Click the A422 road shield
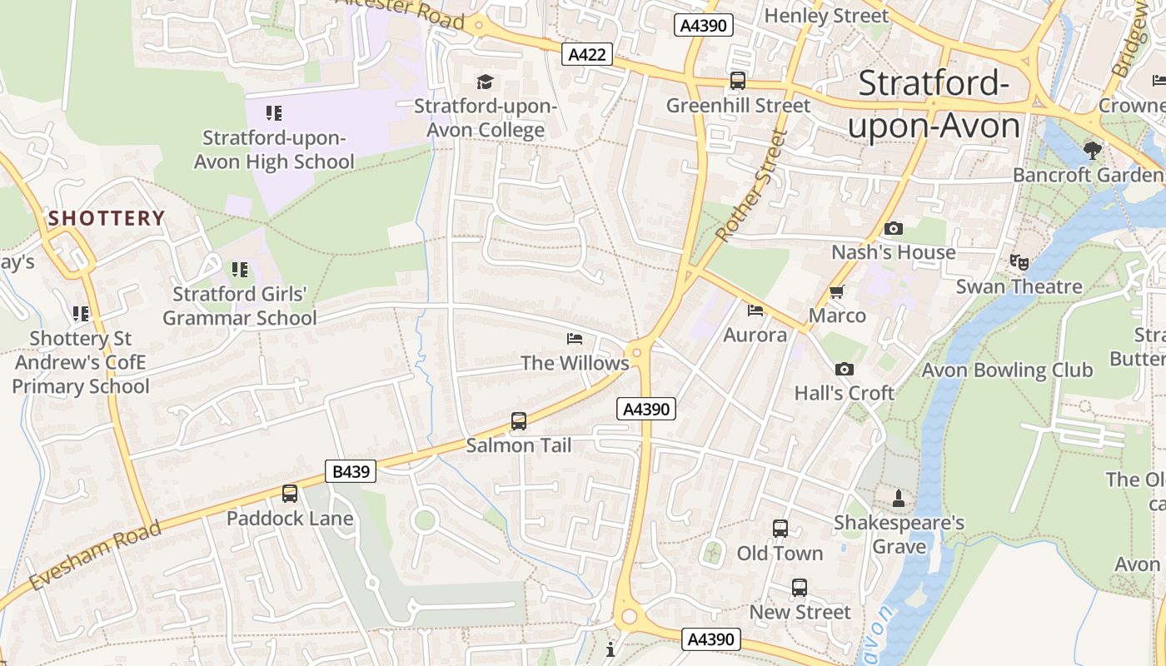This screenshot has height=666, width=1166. pos(587,55)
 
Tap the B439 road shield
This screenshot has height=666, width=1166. pos(351,472)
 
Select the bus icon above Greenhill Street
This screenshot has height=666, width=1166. pos(738,81)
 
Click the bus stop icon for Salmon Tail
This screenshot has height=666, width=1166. pos(519,421)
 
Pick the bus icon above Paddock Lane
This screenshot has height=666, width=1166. pos(290,494)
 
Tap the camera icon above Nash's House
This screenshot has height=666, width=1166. pos(893,228)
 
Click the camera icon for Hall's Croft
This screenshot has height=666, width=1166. pos(844,369)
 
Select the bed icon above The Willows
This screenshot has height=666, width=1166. pos(575,339)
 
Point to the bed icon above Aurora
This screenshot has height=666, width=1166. pos(755,311)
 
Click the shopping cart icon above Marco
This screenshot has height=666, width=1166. pos(837,291)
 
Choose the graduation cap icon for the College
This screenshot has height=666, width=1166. pos(485,82)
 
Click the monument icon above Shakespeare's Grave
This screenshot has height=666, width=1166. pos(899,499)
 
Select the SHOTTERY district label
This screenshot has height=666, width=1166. pos(107,219)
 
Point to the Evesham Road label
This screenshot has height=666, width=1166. pos(93,557)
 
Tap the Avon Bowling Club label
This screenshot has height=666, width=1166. pos(1007,370)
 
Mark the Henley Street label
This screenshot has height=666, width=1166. pos(826,16)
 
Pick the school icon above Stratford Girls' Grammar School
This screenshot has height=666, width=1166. pos(240,270)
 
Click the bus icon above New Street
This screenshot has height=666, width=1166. pos(800,588)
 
